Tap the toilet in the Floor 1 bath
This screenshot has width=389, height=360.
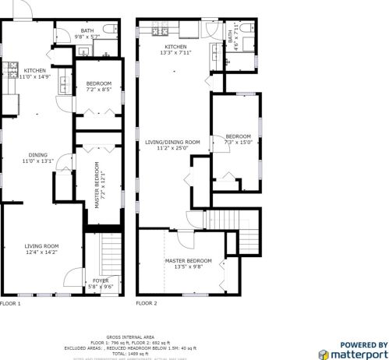pyautogui.click(x=114, y=30)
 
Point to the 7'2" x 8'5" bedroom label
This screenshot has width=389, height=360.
pyautogui.click(x=98, y=86)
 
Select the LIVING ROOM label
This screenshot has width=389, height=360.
pyautogui.click(x=42, y=249)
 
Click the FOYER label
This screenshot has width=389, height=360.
pyautogui.click(x=101, y=283)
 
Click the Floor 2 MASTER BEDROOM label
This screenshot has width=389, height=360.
pyautogui.click(x=188, y=263)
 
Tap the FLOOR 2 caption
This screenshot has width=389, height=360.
pyautogui.click(x=146, y=302)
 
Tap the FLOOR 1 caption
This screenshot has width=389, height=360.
pyautogui.click(x=10, y=302)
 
